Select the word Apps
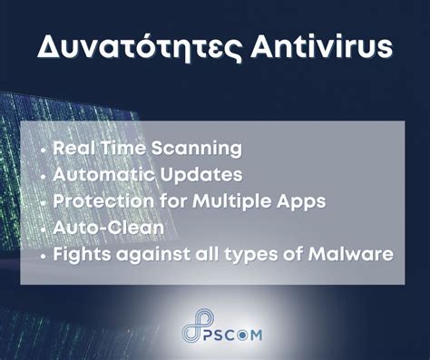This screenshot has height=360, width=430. tap(298, 200)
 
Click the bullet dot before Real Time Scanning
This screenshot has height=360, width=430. tap(44, 148)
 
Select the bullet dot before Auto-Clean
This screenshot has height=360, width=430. tap(44, 228)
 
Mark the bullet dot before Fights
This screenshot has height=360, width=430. tap(44, 255)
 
